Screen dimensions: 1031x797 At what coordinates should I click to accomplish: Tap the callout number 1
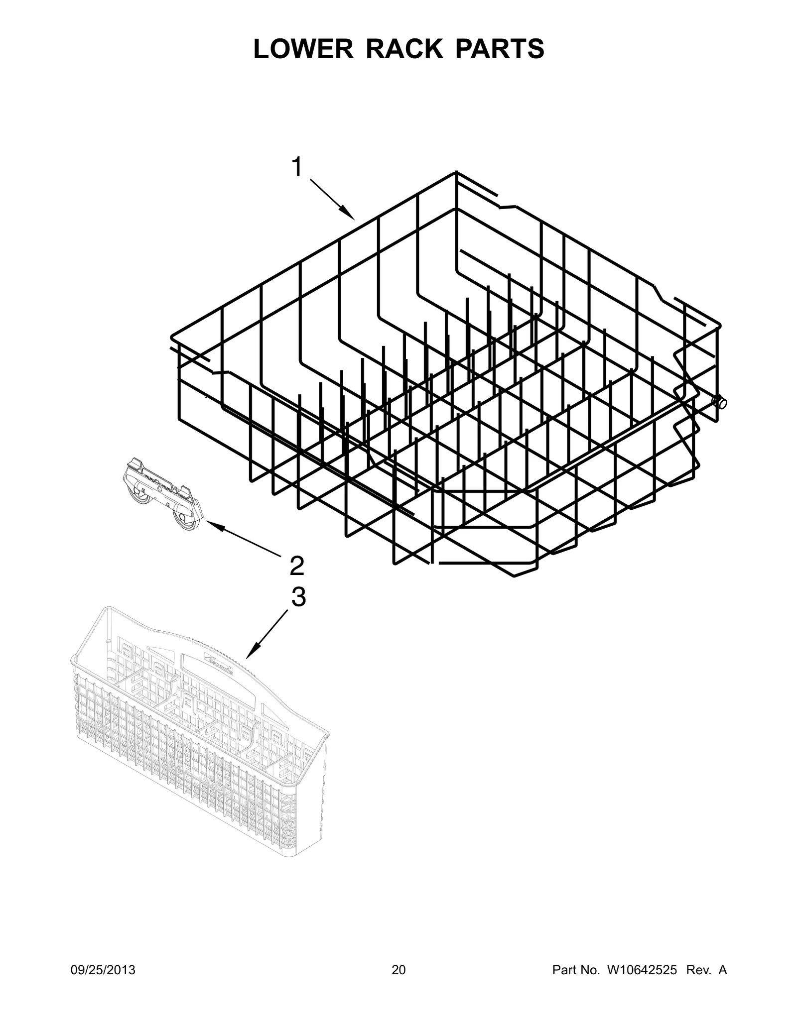click(x=297, y=168)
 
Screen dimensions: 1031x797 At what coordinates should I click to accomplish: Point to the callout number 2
click(x=297, y=566)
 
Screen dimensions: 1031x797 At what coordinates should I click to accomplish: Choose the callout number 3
click(x=298, y=597)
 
